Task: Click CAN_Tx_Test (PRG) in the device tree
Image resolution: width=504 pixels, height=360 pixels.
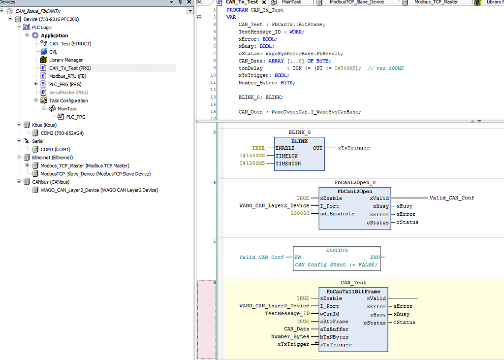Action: [70, 68]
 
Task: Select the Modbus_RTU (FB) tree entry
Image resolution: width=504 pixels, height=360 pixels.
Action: [67, 76]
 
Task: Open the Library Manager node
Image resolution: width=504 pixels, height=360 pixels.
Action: [65, 60]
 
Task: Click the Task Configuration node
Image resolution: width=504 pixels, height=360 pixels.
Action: [68, 100]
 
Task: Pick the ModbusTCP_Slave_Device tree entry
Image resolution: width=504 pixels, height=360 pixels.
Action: [95, 174]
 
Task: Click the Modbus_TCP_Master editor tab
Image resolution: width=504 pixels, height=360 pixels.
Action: [436, 2]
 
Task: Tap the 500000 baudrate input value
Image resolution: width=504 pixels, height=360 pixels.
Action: [300, 214]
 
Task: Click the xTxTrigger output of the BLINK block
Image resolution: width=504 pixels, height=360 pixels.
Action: [353, 148]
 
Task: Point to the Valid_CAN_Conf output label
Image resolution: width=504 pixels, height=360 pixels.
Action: [451, 198]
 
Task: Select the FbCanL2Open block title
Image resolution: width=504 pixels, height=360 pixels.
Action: [354, 191]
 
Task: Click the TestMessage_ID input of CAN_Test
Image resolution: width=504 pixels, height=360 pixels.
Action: [287, 314]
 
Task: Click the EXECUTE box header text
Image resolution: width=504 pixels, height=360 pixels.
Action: [337, 251]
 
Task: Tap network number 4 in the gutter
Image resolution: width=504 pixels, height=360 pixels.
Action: [214, 182]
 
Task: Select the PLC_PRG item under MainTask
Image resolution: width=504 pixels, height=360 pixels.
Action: [75, 117]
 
